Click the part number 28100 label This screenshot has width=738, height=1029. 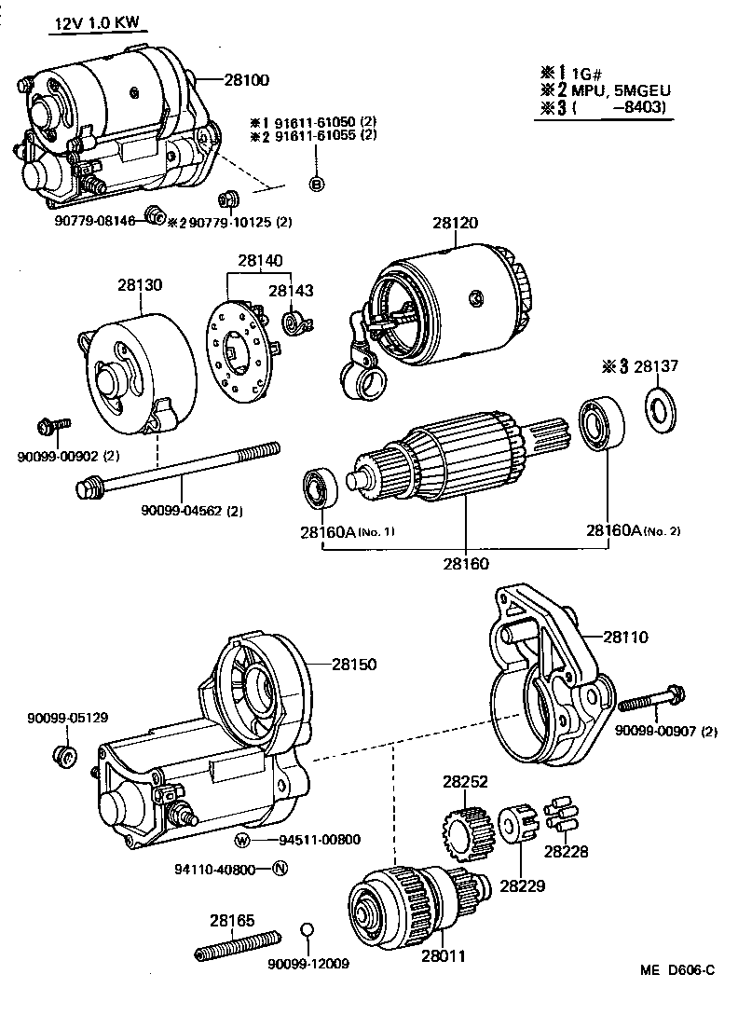(246, 80)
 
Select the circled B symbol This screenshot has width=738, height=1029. (316, 183)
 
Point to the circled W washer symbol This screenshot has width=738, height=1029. (242, 840)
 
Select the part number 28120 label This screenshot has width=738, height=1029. (455, 224)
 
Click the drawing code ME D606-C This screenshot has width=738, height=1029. (676, 970)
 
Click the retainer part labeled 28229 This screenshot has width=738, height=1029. (515, 826)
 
